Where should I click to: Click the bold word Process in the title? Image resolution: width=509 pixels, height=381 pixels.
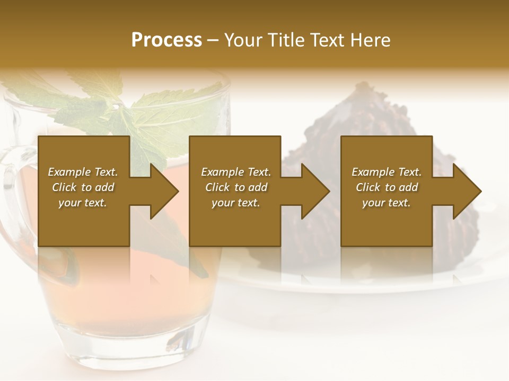pos(166,40)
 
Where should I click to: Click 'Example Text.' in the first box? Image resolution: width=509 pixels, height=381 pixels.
pos(83,172)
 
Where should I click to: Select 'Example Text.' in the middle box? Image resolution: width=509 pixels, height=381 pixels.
pos(236,172)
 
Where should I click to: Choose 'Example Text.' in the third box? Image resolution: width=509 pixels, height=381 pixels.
pos(387,172)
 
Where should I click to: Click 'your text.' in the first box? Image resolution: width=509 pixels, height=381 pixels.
pos(83,203)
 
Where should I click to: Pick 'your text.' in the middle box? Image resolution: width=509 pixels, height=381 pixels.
pos(236,203)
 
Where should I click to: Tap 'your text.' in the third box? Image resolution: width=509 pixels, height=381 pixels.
pos(387,203)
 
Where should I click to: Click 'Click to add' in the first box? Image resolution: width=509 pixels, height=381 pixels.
pos(83,187)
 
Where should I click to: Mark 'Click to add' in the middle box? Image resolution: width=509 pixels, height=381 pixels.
pos(236,187)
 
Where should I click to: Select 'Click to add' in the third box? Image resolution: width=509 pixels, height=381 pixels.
pos(387,187)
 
